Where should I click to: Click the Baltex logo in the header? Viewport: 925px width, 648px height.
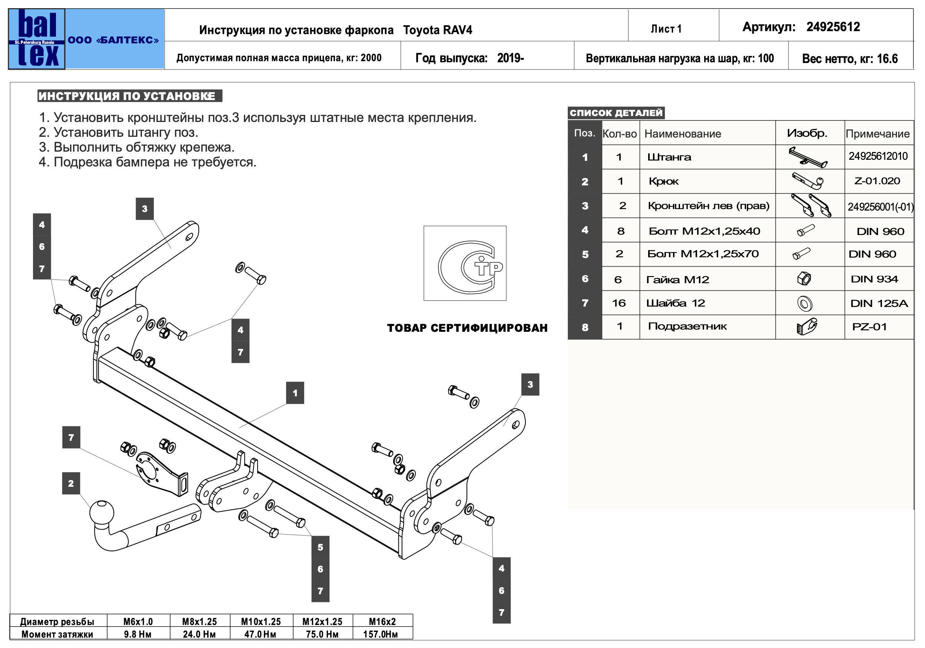[x=37, y=39]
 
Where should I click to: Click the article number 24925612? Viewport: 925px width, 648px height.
[x=833, y=27]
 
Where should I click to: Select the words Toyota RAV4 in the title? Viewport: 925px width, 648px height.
[x=438, y=30]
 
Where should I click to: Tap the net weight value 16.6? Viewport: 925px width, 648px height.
[x=887, y=59]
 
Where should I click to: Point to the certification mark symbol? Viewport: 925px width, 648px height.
[x=465, y=263]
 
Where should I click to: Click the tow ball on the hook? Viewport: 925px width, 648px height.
[x=102, y=512]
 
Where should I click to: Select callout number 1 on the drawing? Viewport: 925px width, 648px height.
[x=295, y=393]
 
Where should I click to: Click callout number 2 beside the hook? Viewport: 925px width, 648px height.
[x=71, y=483]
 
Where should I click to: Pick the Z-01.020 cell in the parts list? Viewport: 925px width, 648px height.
[x=877, y=181]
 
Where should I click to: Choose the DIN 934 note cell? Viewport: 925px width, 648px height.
[x=874, y=279]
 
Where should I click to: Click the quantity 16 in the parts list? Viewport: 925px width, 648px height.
[x=619, y=303]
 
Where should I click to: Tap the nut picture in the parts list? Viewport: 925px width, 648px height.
[x=804, y=278]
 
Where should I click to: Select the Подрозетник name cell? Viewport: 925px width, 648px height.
[x=687, y=327]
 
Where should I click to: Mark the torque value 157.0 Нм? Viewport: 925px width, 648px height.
[x=381, y=634]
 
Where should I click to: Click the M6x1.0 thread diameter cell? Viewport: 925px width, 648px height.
[x=138, y=621]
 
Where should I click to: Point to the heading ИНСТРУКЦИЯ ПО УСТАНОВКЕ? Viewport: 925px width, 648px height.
[x=127, y=96]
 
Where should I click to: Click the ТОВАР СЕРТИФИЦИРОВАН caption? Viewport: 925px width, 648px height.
[x=467, y=328]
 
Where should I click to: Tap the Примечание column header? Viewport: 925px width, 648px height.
[x=878, y=134]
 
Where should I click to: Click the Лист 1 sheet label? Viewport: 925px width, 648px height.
[x=666, y=29]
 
